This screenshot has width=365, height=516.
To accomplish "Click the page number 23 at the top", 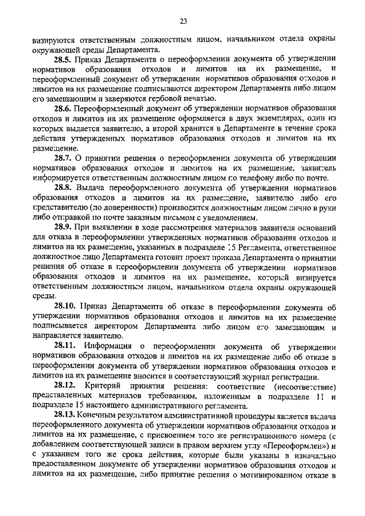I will (x=182, y=22).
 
